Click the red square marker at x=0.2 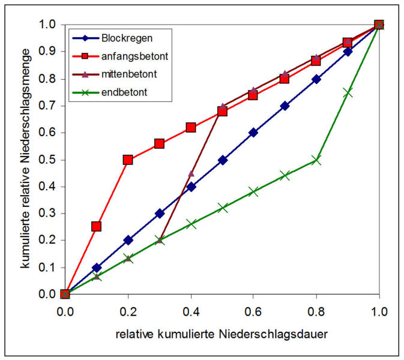(x=128, y=160)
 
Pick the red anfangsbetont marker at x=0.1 (x=97, y=227)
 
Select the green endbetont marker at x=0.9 (x=348, y=92)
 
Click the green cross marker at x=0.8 (x=316, y=160)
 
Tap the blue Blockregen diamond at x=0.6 (x=253, y=133)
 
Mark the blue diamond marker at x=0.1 (x=97, y=268)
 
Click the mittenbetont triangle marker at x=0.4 (x=191, y=173)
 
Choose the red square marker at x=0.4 (x=191, y=127)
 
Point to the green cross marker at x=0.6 (x=253, y=192)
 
